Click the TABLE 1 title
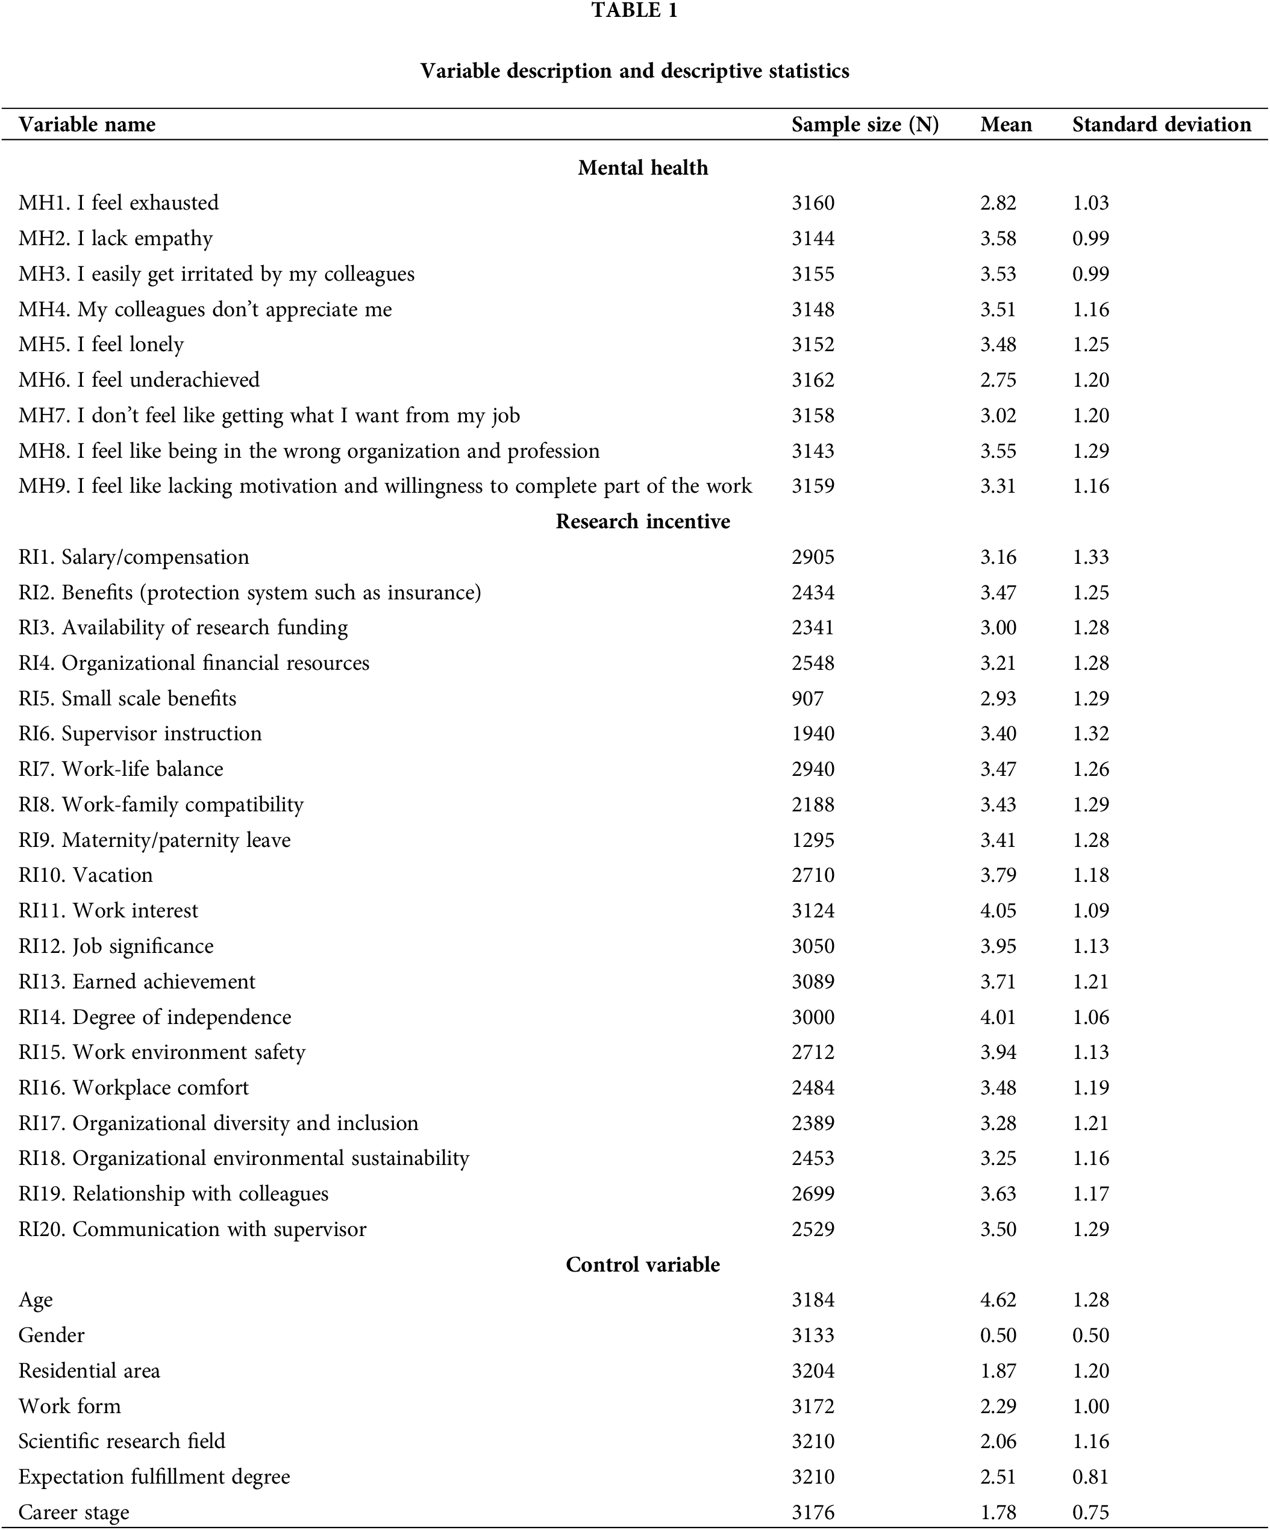634,11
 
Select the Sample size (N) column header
865,125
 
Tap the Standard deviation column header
1162,125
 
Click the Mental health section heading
643,167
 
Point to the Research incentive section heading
643,522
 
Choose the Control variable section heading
643,1264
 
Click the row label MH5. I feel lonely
101,345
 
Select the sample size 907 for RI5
807,699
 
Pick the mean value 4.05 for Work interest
998,911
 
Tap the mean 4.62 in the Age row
998,1300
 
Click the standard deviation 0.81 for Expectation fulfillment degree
1090,1477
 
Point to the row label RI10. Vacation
86,875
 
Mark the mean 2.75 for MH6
998,380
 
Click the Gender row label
52,1335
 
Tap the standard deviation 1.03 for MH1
1090,203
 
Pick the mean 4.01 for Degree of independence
998,1017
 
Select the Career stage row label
74,1513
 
